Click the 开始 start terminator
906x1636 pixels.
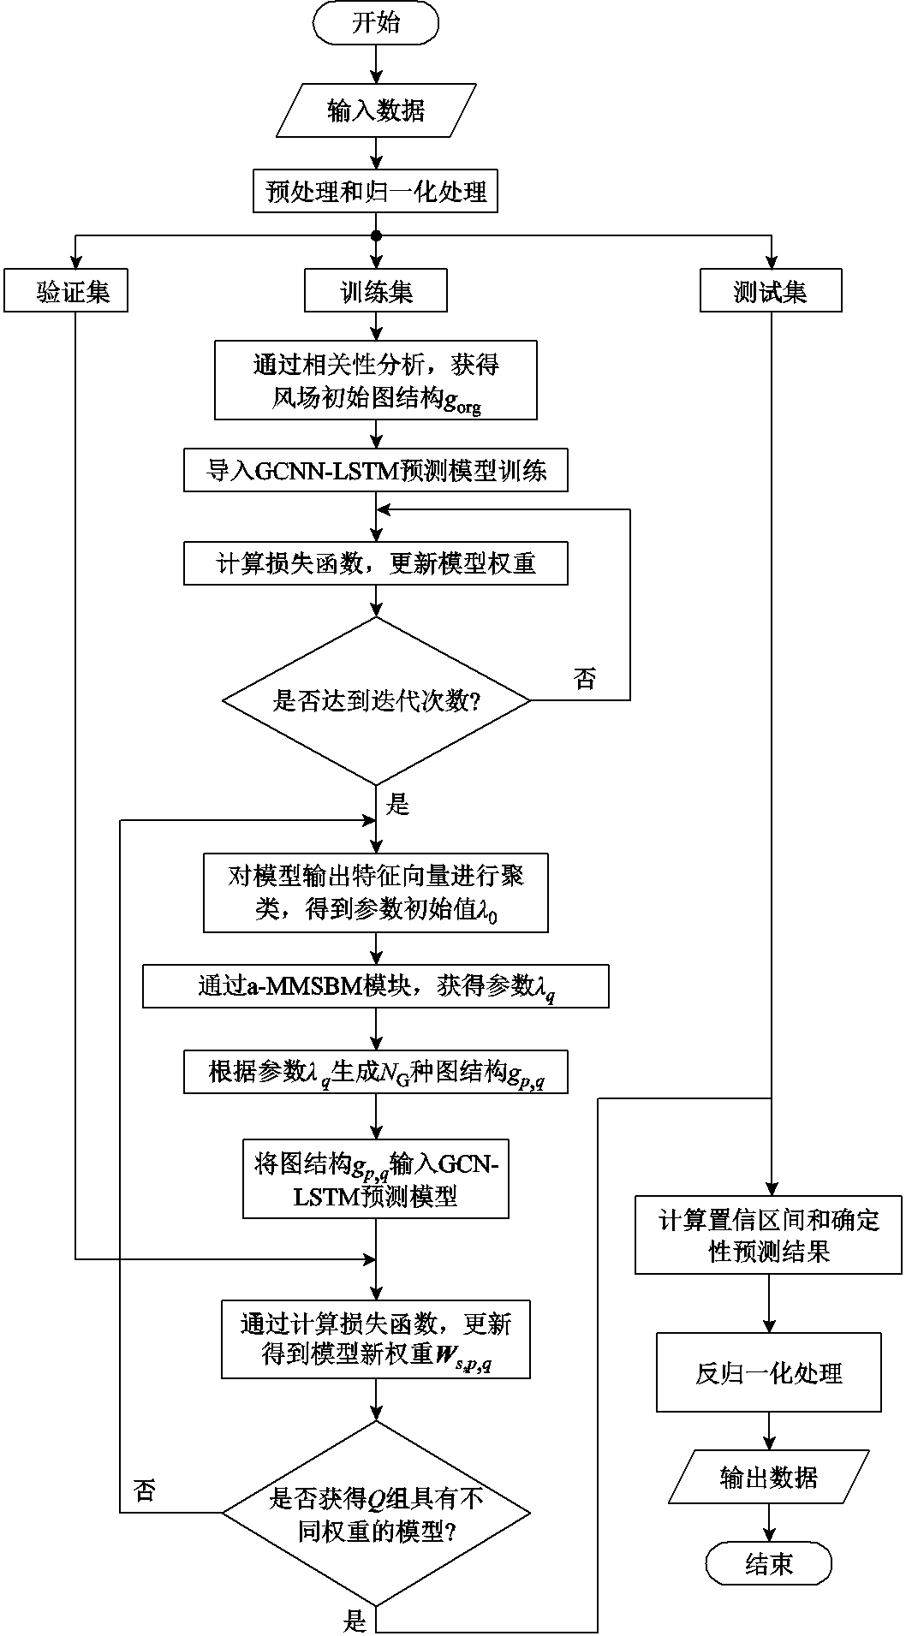tap(376, 23)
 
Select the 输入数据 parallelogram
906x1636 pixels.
tap(376, 110)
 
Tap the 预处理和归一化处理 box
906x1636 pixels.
tap(376, 190)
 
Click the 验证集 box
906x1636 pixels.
tap(66, 292)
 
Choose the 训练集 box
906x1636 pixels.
tap(376, 292)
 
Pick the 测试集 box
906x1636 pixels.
tap(770, 292)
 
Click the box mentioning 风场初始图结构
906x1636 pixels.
tap(376, 380)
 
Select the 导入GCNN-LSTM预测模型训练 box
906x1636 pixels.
tap(376, 472)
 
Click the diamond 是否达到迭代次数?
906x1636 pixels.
tap(376, 701)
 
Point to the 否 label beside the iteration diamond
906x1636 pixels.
tap(584, 680)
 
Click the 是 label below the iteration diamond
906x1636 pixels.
tap(398, 804)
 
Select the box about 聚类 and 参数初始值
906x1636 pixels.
tap(376, 892)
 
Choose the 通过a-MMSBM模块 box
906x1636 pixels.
tap(376, 987)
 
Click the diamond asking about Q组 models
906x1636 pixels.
tap(376, 1512)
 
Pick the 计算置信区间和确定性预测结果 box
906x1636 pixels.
tap(768, 1234)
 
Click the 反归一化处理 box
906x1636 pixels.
tap(768, 1373)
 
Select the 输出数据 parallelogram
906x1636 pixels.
tap(768, 1477)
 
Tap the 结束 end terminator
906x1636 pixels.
tap(768, 1564)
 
